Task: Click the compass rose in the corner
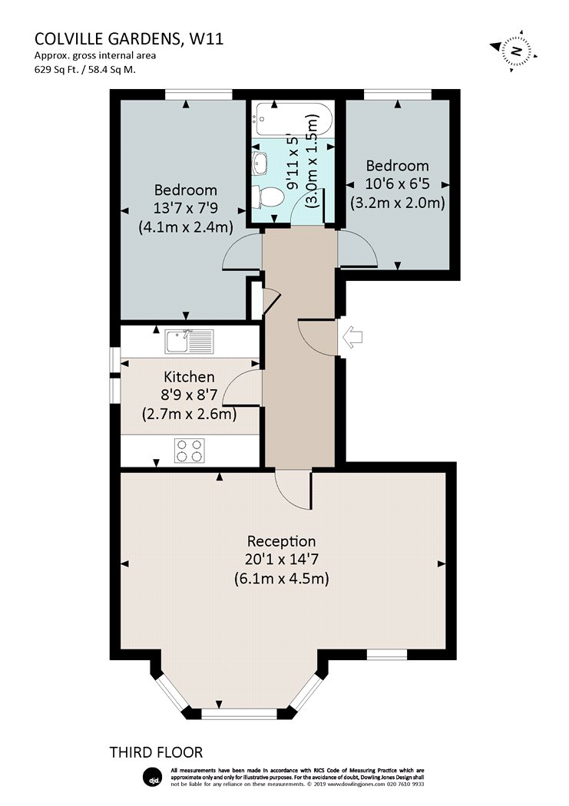tap(514, 51)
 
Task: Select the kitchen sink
tap(189, 342)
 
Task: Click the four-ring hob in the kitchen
tap(189, 451)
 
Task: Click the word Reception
tap(281, 540)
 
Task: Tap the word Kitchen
tap(189, 377)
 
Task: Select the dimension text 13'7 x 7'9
tap(186, 208)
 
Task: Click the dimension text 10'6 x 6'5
tap(397, 183)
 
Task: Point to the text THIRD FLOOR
tap(156, 752)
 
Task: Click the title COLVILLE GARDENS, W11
tap(129, 39)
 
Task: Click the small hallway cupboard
tap(256, 299)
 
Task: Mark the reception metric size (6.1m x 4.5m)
tap(281, 579)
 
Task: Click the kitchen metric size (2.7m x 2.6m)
tap(189, 414)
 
